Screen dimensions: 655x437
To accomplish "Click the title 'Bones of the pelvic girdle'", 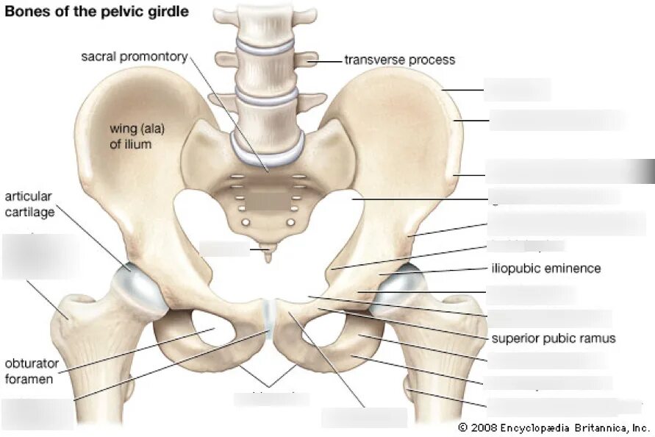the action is tap(97, 12).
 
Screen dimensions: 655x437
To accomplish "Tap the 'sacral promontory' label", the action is tap(134, 57).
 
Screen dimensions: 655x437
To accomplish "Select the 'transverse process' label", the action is tap(400, 60).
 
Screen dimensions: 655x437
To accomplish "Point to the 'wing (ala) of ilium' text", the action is tap(137, 136).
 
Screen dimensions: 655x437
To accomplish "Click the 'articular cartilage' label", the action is tap(28, 203).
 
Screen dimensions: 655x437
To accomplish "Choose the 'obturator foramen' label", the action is tap(32, 372).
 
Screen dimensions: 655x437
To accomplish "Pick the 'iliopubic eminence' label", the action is tap(545, 269).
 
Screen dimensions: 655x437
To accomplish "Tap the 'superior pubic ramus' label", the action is tap(554, 338).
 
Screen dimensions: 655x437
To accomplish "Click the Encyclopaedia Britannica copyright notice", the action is tap(554, 427).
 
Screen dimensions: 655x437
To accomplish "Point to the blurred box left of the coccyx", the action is tap(223, 248).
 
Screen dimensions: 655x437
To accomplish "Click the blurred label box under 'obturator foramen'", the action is tap(37, 413).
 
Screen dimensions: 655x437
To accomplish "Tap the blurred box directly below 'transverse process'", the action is tap(517, 90).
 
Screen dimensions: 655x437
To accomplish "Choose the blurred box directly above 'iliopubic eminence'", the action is tap(526, 246).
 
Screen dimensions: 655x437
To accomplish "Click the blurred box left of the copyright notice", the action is tap(364, 417).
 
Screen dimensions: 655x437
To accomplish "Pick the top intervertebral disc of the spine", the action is tap(264, 46).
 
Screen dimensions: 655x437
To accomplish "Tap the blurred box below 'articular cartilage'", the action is tap(40, 255).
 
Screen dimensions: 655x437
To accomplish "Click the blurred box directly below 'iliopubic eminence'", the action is tap(531, 294).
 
